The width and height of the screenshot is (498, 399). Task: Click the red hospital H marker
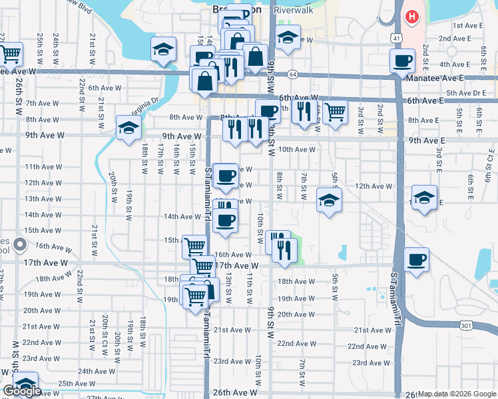(412, 16)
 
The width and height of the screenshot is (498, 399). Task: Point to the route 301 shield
(468, 323)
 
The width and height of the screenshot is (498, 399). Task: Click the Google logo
(22, 391)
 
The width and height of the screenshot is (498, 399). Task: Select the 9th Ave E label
(427, 140)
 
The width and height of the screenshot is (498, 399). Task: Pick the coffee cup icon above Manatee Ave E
(402, 62)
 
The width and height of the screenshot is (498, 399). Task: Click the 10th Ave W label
(296, 150)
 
